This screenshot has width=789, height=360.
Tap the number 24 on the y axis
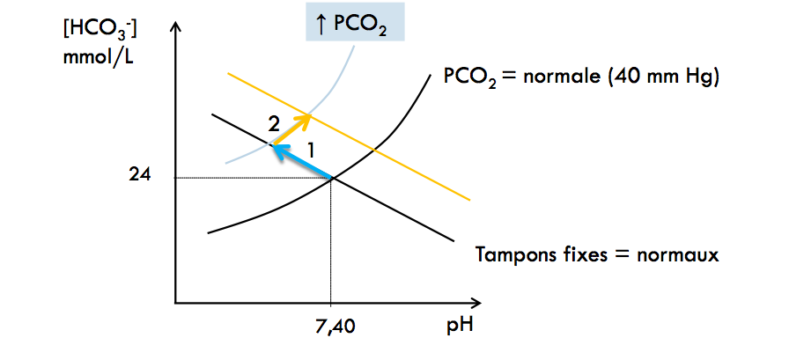140,175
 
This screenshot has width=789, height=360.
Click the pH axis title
458,327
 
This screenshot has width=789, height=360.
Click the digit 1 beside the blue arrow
311,149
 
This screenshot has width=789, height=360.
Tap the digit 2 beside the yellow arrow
274,122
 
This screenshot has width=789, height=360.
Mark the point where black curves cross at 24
331,179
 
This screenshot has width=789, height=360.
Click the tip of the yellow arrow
309,114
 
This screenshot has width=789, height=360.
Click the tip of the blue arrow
273,146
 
